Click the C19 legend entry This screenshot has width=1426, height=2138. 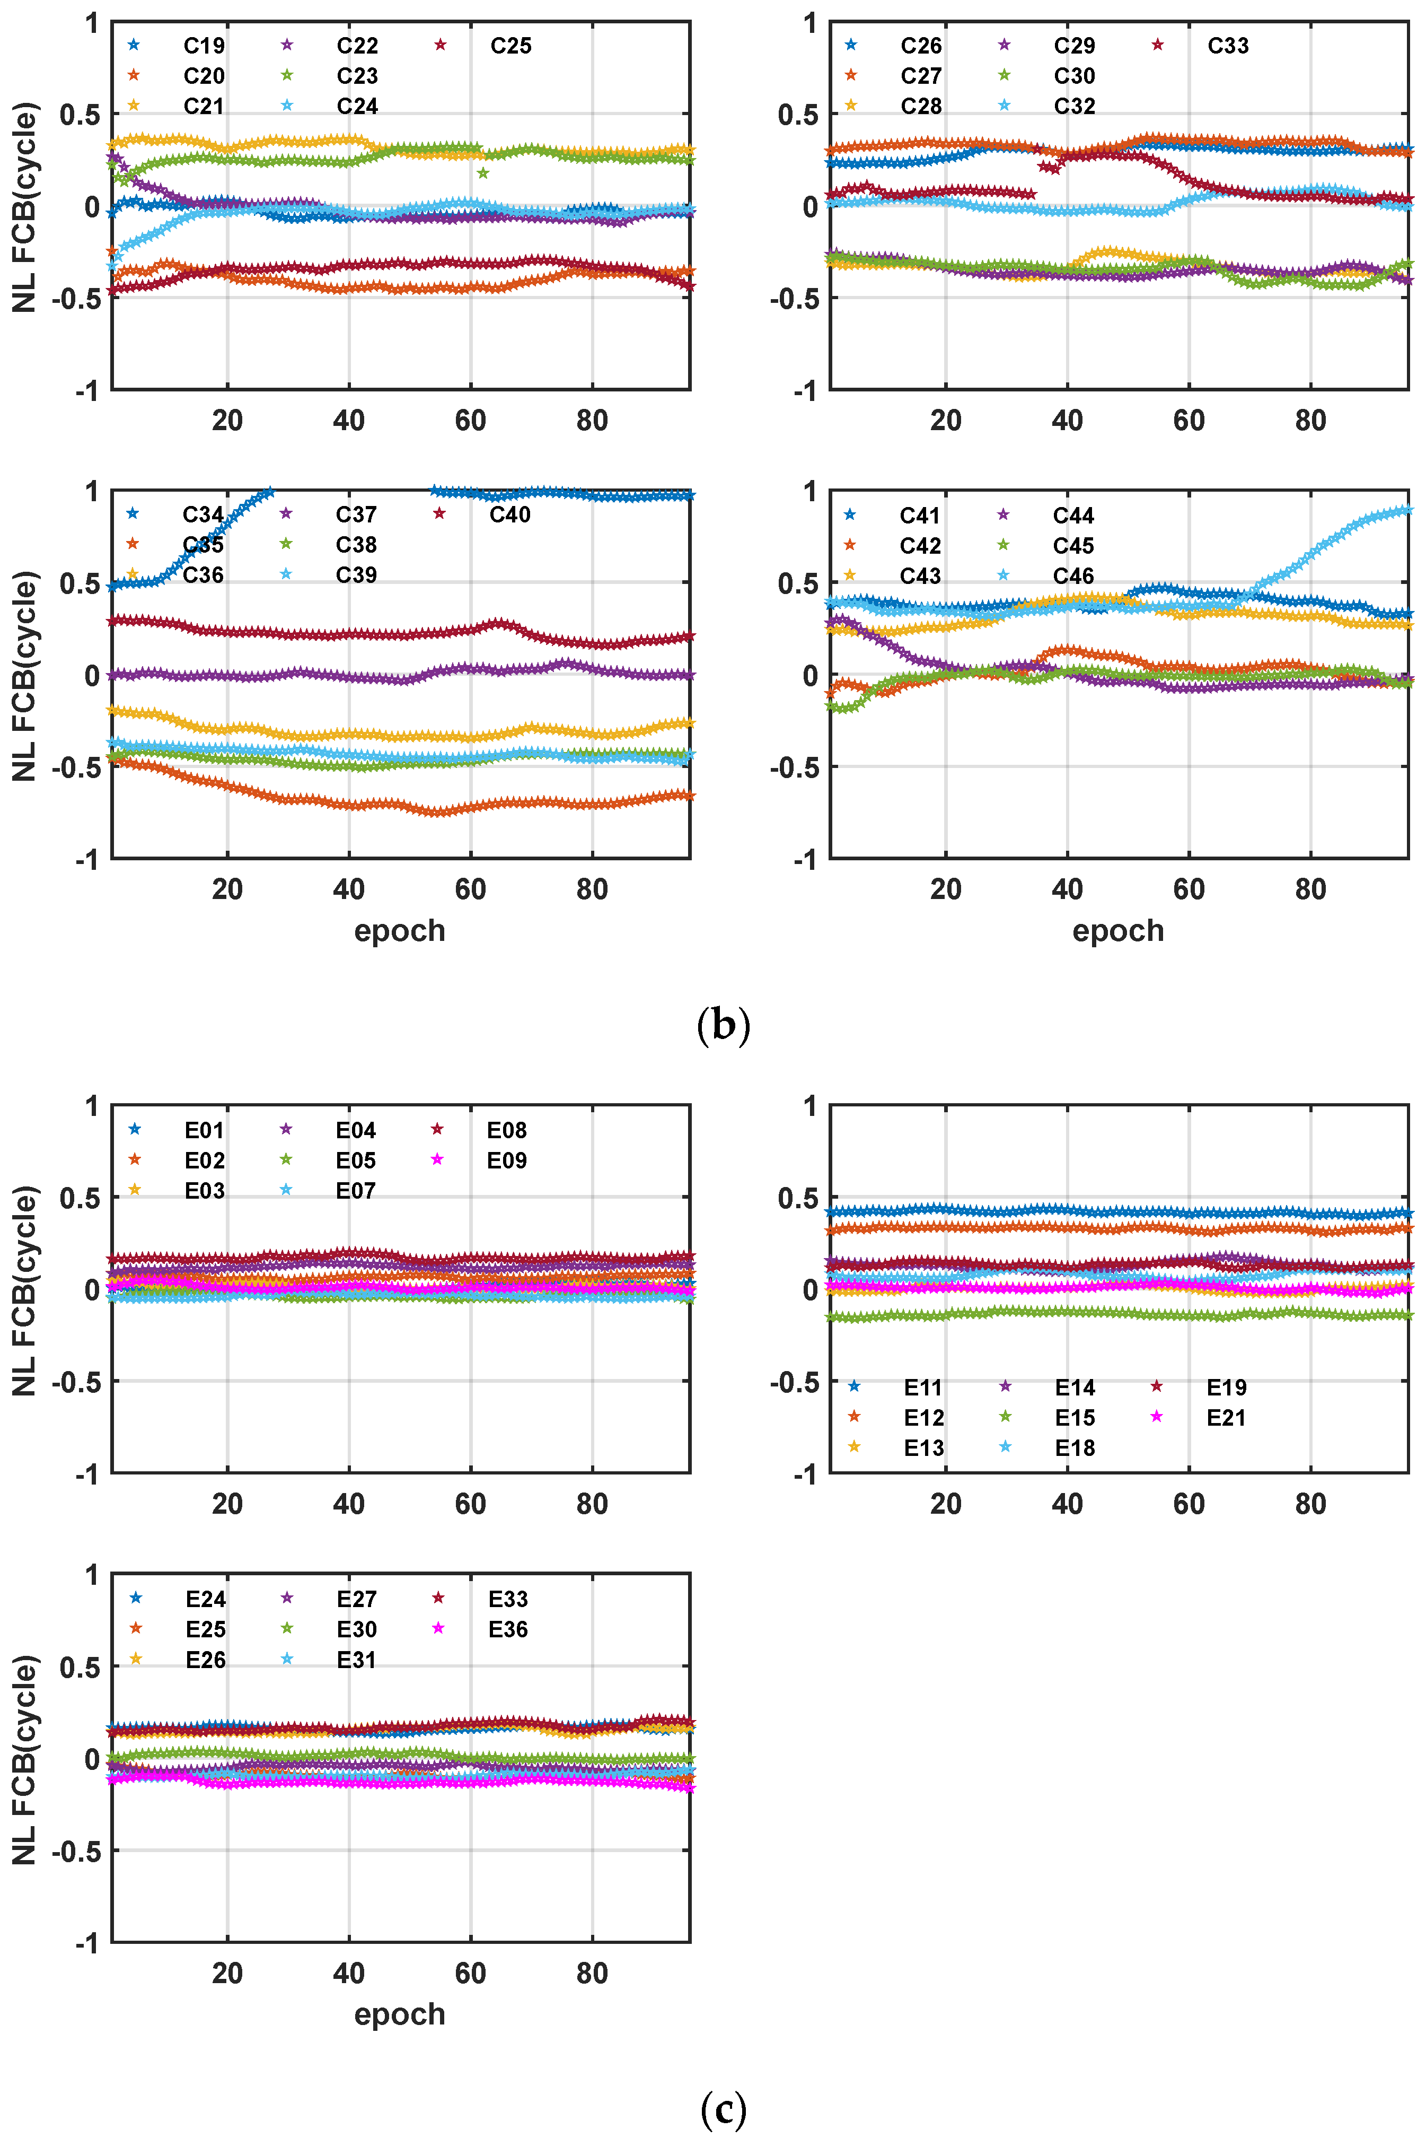(204, 46)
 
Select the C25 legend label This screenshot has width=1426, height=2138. (510, 46)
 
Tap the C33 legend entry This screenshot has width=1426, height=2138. (1228, 46)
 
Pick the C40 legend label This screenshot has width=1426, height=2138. (509, 515)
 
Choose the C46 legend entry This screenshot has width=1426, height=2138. (1073, 576)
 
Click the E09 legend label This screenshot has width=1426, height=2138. (507, 1160)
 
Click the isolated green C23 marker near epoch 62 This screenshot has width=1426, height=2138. (483, 173)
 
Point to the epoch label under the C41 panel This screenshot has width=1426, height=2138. (1117, 931)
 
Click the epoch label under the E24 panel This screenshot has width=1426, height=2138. (399, 2014)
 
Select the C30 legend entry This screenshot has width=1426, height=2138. (1074, 75)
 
